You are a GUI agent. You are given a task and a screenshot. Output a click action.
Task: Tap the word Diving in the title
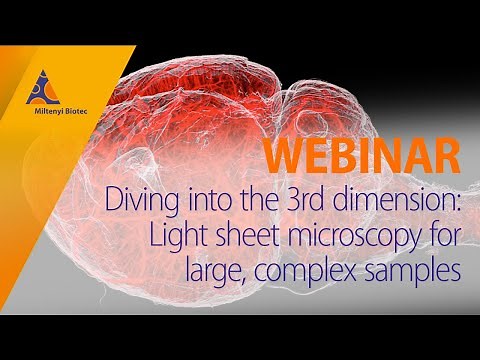pyautogui.click(x=135, y=200)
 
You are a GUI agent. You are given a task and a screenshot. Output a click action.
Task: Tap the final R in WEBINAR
pyautogui.click(x=448, y=157)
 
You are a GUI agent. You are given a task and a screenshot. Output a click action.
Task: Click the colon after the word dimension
pyautogui.click(x=457, y=204)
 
